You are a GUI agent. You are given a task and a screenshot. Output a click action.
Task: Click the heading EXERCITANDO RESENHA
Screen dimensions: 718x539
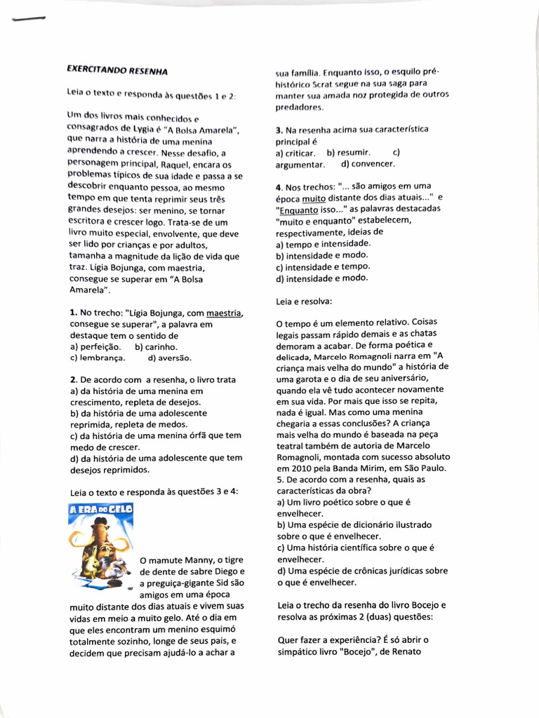tap(117, 70)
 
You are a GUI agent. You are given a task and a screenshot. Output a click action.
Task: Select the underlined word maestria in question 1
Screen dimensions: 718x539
tap(226, 313)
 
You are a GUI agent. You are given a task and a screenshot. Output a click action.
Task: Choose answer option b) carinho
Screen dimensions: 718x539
tap(157, 346)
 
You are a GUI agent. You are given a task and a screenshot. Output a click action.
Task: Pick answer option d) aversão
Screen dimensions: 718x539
tap(170, 358)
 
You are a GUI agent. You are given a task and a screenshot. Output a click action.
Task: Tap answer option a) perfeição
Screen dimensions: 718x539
tap(95, 346)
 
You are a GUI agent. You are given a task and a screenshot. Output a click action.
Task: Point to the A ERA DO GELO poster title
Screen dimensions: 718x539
tap(99, 510)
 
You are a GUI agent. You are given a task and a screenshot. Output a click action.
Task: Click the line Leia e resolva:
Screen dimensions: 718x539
tap(305, 301)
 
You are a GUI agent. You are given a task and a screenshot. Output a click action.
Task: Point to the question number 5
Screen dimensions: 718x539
tap(279, 480)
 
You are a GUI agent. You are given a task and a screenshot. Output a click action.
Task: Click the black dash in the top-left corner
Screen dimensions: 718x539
tap(28, 20)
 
